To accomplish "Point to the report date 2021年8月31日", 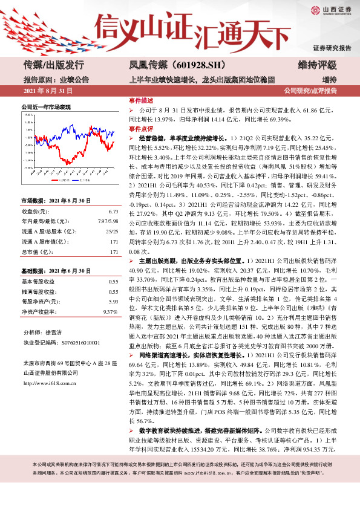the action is coord(47,91).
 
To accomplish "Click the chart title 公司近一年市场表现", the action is coord(46,106).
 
